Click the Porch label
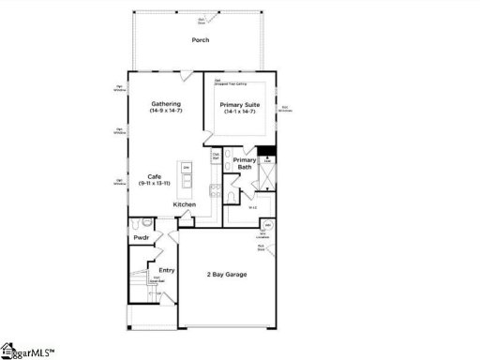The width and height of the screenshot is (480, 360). pos(200,40)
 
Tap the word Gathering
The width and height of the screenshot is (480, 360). pos(167,104)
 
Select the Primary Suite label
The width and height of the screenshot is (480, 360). pos(239,104)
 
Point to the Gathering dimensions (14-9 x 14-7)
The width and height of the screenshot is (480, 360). pos(167,112)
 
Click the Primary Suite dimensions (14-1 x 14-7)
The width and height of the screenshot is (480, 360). pos(239,112)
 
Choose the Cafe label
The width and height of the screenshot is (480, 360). pos(157,175)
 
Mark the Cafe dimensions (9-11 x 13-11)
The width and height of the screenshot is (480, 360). pos(157,183)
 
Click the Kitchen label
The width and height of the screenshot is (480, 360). pos(184,204)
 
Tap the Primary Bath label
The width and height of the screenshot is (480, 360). pos(244,164)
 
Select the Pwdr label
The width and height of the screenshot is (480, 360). pos(142,238)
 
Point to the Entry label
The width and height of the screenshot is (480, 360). pos(166,271)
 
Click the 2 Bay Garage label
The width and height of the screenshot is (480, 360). pos(228,275)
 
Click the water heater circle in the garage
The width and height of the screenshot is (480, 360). pos(267,226)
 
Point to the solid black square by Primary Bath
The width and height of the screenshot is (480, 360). pos(266,153)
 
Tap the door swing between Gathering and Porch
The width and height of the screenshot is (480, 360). pos(187,75)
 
